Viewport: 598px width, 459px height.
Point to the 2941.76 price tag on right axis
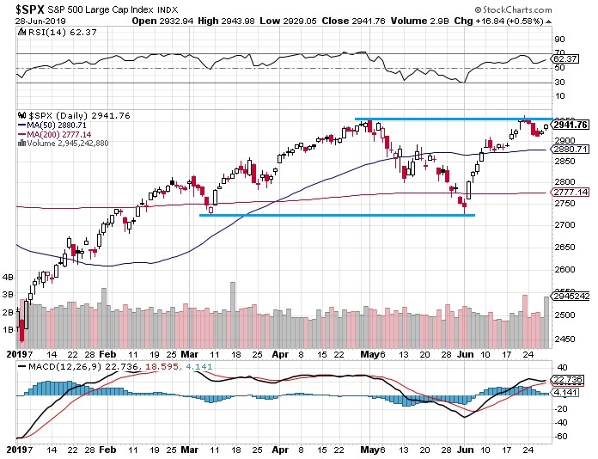point(571,125)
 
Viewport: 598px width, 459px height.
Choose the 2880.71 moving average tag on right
point(571,149)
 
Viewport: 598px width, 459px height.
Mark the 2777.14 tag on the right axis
point(571,193)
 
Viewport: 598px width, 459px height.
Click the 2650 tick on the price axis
point(564,246)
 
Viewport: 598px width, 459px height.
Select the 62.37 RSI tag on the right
point(565,59)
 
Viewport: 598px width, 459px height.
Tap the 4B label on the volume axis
point(9,278)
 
